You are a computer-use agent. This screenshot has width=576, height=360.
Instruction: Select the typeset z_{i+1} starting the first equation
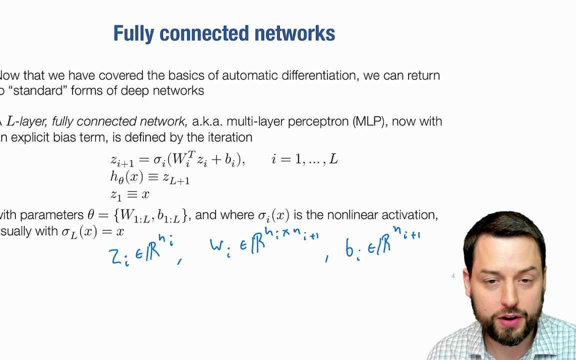point(122,160)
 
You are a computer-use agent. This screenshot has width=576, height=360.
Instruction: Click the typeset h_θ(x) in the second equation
point(127,177)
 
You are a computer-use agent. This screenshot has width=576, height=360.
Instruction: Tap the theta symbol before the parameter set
point(91,215)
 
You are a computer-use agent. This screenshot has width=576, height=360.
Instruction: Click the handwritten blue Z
point(115,256)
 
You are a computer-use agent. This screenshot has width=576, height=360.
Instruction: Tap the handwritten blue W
point(217,245)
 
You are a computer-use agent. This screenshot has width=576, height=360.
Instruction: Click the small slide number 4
point(453,276)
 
